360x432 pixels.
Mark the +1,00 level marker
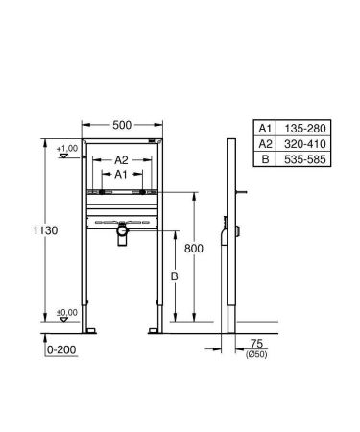click(x=66, y=149)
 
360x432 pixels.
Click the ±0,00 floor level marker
click(x=66, y=313)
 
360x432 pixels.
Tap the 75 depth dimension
click(x=256, y=343)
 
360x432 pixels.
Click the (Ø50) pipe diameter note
click(x=257, y=354)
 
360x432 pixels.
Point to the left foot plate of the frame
click(x=91, y=331)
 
